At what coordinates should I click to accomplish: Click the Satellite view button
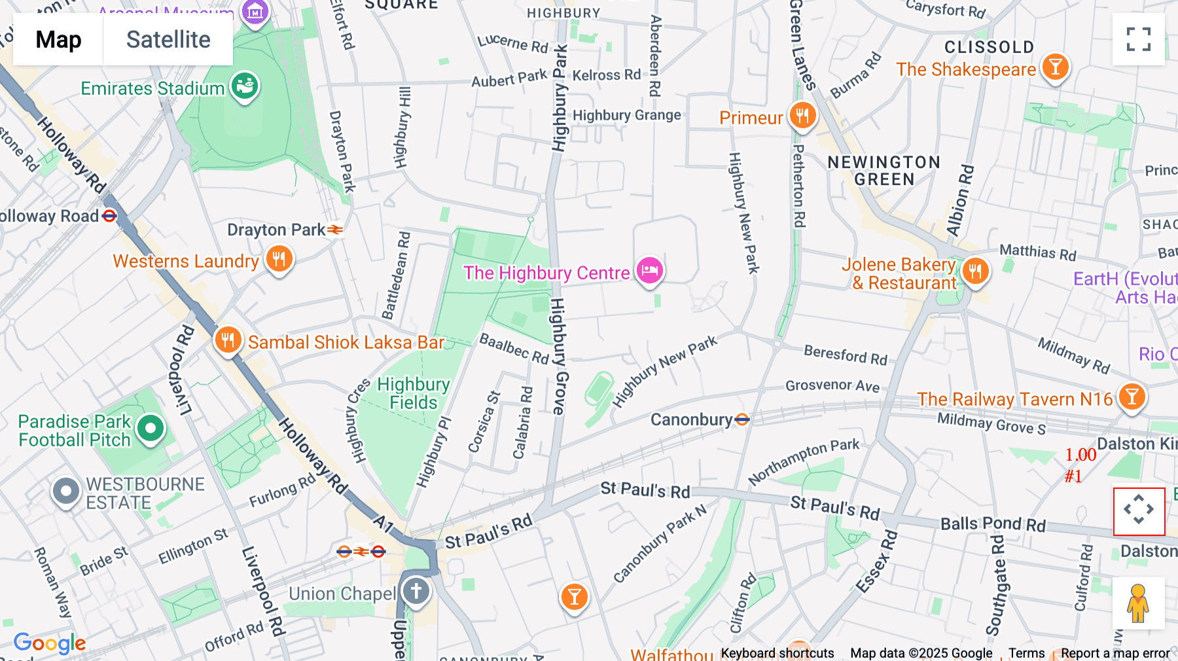168,39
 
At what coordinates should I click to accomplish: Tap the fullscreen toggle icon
1138,39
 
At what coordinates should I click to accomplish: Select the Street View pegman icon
1138,603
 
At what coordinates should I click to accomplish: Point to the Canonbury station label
692,420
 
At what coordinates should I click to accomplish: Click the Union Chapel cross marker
416,591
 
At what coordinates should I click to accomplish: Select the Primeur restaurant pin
802,116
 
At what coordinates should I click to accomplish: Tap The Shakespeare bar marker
1055,67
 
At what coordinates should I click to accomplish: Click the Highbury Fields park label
413,393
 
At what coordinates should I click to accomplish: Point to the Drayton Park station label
276,230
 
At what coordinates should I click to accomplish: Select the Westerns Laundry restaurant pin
279,259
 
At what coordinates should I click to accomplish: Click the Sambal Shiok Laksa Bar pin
228,340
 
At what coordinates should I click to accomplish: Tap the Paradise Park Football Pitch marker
151,429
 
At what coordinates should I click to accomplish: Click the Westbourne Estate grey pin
66,491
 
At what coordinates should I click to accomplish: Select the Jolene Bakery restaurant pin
975,270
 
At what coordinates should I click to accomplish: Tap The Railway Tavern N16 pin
1132,397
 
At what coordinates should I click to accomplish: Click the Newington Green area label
884,171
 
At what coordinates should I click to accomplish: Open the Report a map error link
1115,653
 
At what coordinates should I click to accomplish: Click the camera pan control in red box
1139,510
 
